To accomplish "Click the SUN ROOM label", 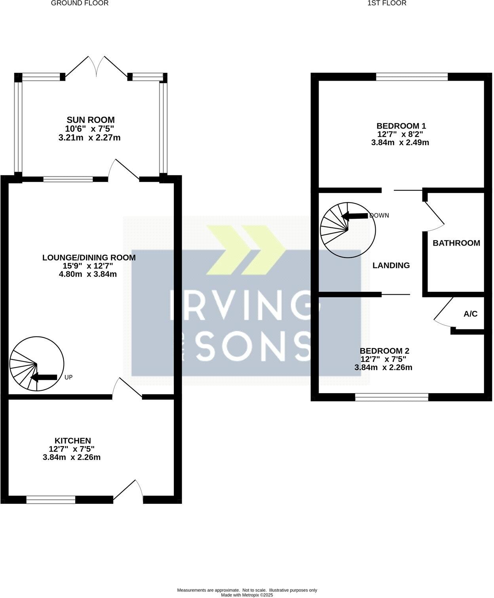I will [91, 120].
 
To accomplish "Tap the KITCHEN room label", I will [73, 441].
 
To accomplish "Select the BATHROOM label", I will [456, 243].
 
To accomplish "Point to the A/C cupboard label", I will [470, 314].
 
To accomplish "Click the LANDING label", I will [391, 265].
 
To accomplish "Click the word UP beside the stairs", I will [68, 377].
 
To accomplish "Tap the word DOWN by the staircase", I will [379, 216].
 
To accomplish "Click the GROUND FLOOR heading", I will [80, 3].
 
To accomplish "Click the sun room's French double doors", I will [96, 66].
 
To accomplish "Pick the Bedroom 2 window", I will [391, 397].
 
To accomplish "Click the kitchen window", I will [51, 500].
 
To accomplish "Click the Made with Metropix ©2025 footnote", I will [247, 595].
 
